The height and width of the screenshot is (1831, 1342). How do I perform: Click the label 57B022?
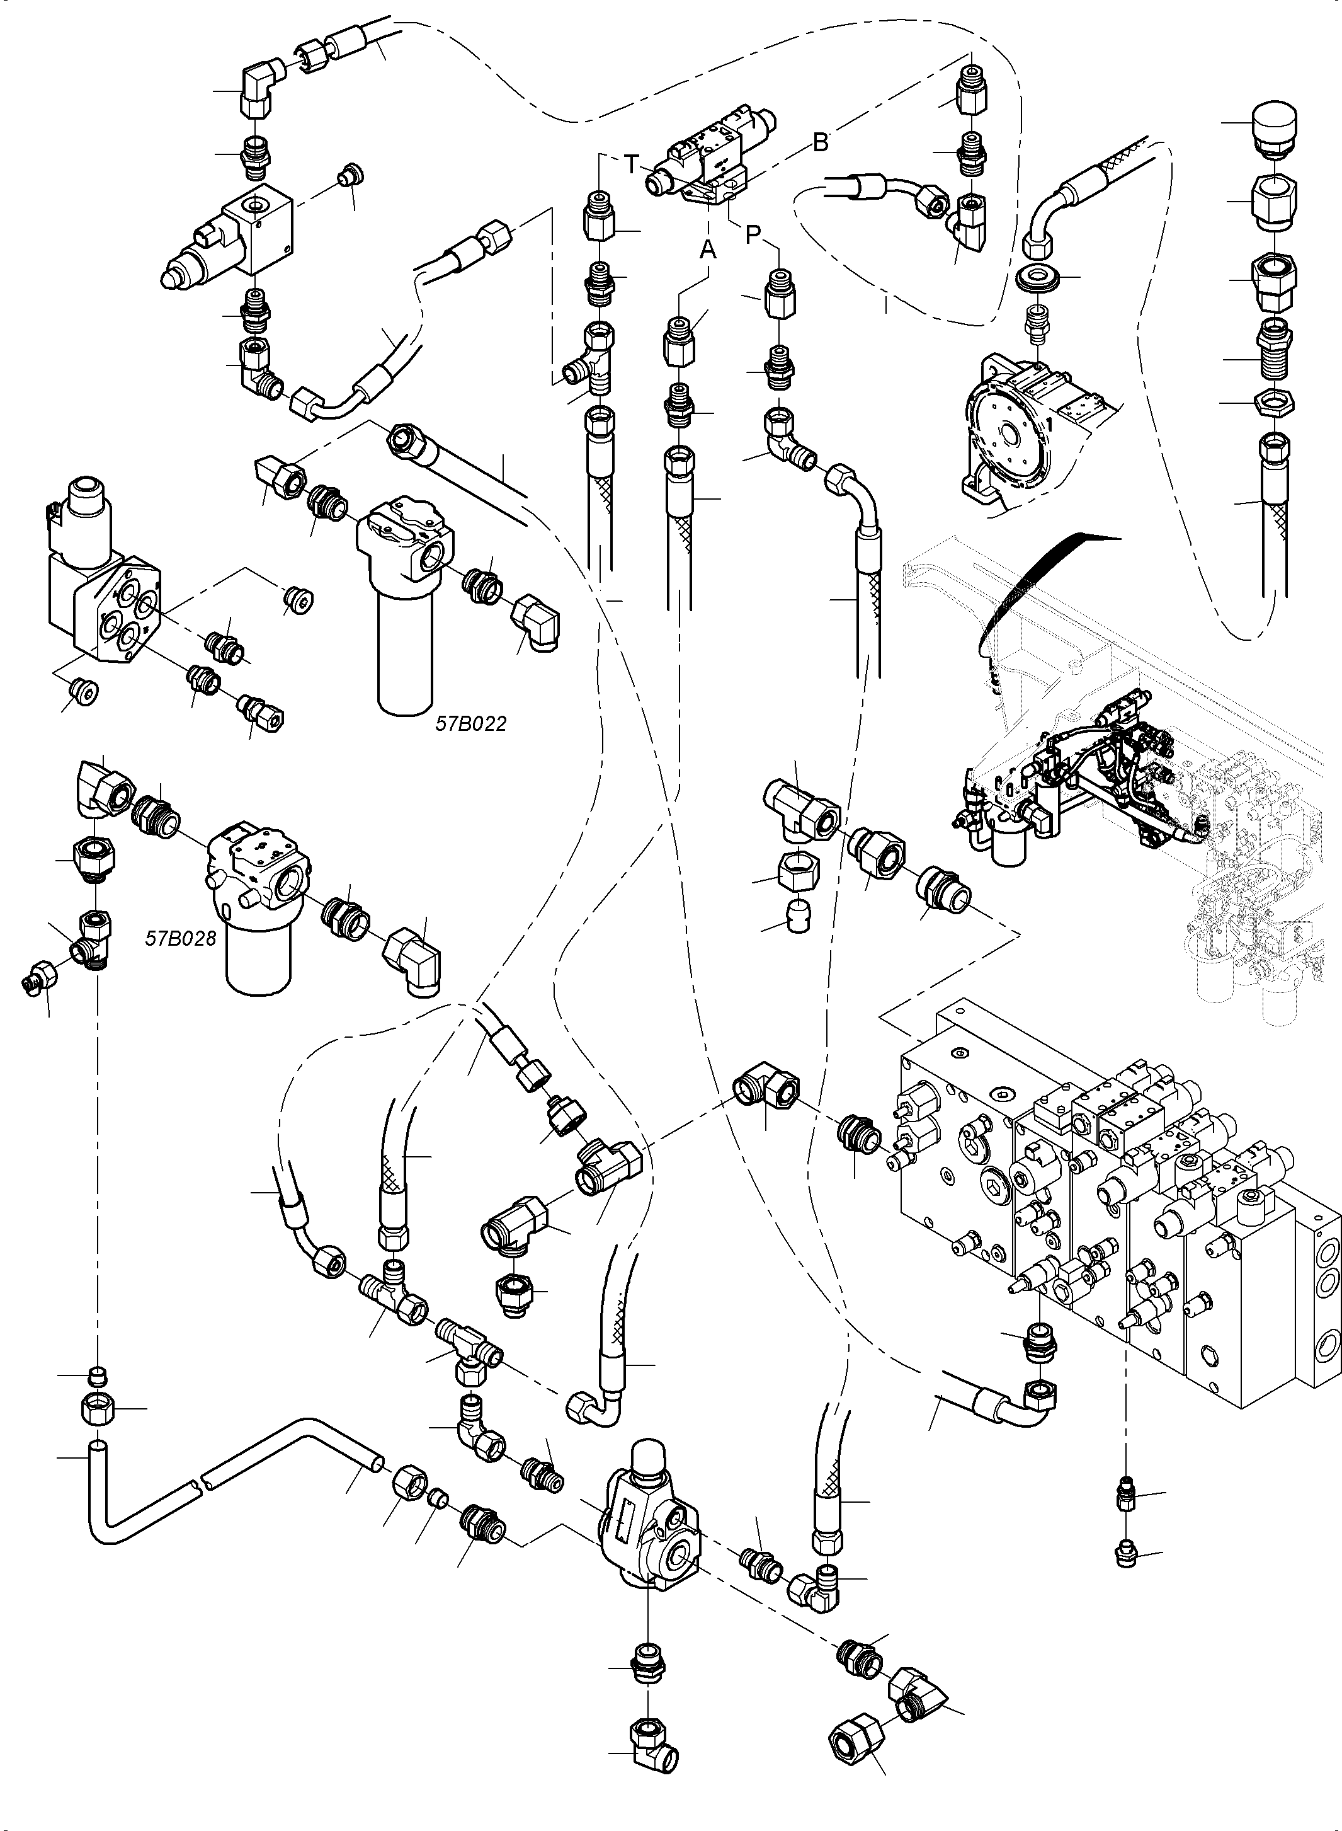click(471, 723)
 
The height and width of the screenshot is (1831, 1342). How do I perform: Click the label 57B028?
click(180, 938)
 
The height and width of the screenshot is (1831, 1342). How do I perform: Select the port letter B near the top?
click(821, 143)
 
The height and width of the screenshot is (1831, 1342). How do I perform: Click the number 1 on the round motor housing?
click(1049, 424)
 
